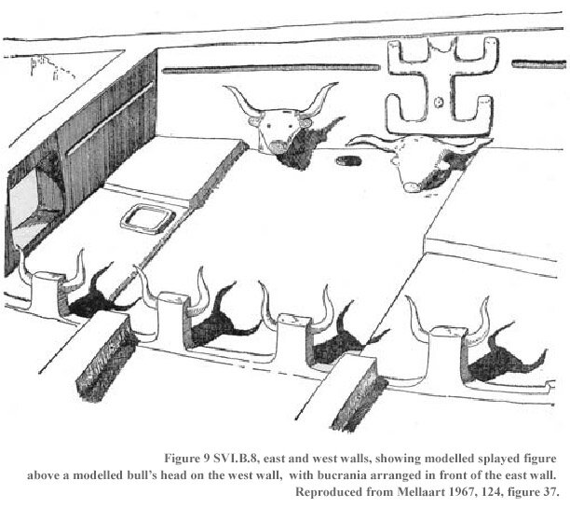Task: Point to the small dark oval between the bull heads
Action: point(346,162)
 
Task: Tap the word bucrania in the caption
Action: point(344,475)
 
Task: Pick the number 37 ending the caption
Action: point(550,491)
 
